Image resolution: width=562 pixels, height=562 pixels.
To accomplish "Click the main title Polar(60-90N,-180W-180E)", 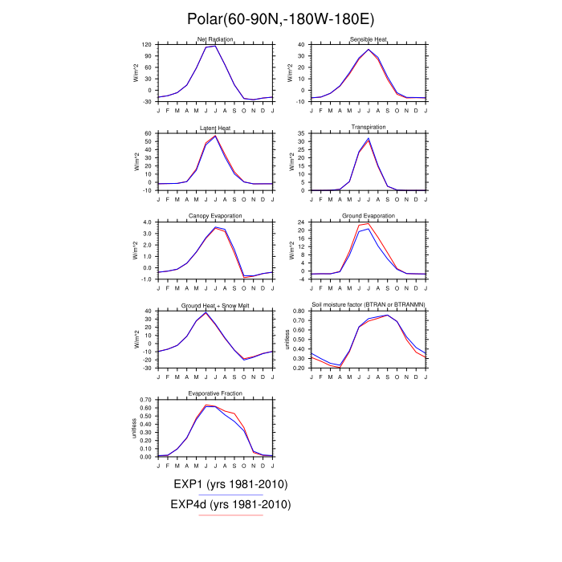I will pyautogui.click(x=281, y=19).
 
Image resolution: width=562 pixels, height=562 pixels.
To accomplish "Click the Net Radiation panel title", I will pyautogui.click(x=214, y=40).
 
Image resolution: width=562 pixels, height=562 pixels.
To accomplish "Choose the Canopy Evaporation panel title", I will pyautogui.click(x=214, y=216).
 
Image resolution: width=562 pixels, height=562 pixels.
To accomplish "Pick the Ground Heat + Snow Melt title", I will pyautogui.click(x=214, y=305).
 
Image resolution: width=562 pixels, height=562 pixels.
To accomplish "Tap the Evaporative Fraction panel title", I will pyautogui.click(x=214, y=393).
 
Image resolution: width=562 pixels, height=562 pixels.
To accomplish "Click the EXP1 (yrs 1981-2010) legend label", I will pyautogui.click(x=230, y=484).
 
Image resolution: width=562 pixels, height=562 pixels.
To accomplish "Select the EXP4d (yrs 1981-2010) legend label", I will pyautogui.click(x=230, y=504).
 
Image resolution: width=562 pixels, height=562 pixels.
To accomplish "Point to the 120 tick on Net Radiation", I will pyautogui.click(x=148, y=45).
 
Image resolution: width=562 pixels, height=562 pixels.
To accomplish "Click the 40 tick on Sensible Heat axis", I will pyautogui.click(x=301, y=45).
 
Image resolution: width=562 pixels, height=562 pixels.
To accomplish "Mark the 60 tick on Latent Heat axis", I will pyautogui.click(x=149, y=133).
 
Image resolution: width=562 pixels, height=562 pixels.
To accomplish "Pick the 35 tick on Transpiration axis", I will pyautogui.click(x=301, y=133).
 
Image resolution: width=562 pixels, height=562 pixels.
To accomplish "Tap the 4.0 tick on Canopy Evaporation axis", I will pyautogui.click(x=147, y=222).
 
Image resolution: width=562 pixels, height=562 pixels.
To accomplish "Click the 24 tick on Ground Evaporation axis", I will pyautogui.click(x=301, y=222).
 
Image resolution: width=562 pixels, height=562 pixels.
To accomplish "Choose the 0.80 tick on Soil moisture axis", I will pyautogui.click(x=298, y=311).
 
